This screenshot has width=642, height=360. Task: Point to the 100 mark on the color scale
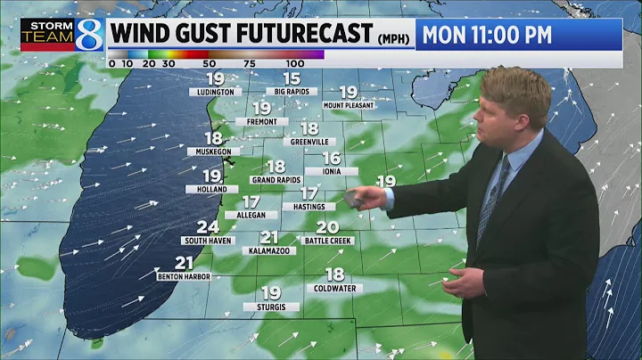coord(295,64)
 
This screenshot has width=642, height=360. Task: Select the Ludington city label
coord(216,92)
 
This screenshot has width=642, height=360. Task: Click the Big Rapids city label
coord(292,92)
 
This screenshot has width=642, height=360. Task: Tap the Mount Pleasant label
coord(349,105)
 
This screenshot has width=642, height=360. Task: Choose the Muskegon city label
coord(213,152)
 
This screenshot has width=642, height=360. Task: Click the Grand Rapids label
coord(276,180)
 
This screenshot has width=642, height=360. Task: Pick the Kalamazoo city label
coord(271,251)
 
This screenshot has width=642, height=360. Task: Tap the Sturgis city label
coord(271,307)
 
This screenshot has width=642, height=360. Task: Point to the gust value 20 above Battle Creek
coord(327,227)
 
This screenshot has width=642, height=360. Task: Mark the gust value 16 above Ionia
coord(332,158)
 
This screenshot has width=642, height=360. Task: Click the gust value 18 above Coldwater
coord(334,274)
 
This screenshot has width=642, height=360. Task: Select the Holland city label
coord(212,189)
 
